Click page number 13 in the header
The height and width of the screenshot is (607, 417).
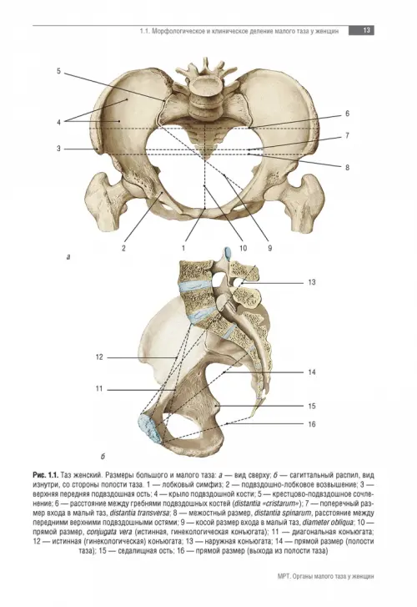pyautogui.click(x=366, y=30)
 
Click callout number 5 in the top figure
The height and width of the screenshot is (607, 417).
pyautogui.click(x=59, y=71)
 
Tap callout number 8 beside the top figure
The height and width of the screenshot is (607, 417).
pyautogui.click(x=347, y=167)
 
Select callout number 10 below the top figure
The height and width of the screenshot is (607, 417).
pyautogui.click(x=243, y=248)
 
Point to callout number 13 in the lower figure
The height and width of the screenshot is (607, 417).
pyautogui.click(x=312, y=282)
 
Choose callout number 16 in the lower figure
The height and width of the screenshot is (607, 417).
pyautogui.click(x=312, y=424)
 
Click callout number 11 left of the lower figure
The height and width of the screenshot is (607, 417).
pyautogui.click(x=99, y=388)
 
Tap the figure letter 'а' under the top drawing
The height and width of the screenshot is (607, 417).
pyautogui.click(x=68, y=256)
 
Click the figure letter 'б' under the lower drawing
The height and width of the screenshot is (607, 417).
pyautogui.click(x=103, y=457)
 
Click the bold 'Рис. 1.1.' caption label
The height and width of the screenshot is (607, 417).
pyautogui.click(x=46, y=474)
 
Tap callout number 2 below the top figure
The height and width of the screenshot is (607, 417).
pyautogui.click(x=123, y=248)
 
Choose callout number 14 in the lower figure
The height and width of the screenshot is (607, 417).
pyautogui.click(x=312, y=372)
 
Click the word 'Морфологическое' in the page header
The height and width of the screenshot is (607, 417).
pyautogui.click(x=178, y=31)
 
